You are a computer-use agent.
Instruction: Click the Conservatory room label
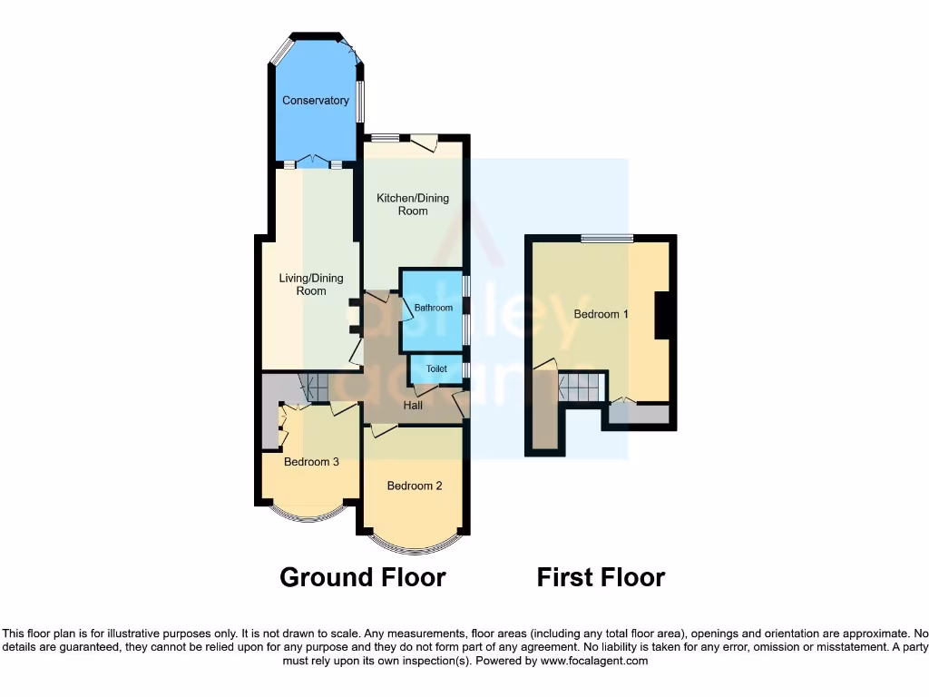[315, 101]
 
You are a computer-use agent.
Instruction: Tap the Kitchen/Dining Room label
[413, 204]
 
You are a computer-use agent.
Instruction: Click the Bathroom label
[434, 308]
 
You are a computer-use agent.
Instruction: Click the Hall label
[413, 405]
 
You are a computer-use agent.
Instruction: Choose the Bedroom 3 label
[311, 462]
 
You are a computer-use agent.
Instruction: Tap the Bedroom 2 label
[415, 486]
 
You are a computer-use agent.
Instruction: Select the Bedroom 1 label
[601, 314]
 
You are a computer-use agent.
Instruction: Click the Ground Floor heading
[363, 577]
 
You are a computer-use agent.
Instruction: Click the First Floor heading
[601, 577]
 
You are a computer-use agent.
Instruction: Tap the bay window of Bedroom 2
[415, 548]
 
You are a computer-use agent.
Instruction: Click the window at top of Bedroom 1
[607, 239]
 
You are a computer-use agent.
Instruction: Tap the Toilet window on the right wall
[466, 369]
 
